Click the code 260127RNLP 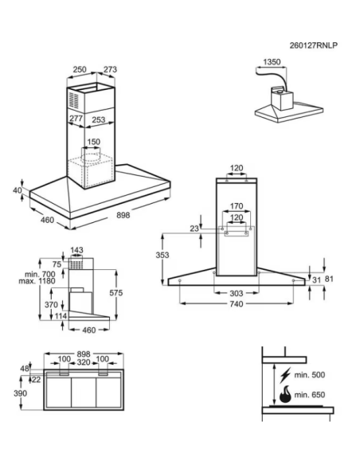pyautogui.click(x=314, y=45)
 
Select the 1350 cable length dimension pyautogui.click(x=272, y=61)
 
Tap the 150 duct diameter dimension pyautogui.click(x=94, y=142)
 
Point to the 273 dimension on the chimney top pyautogui.click(x=110, y=69)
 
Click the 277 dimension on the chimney pyautogui.click(x=76, y=119)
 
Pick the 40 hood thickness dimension pyautogui.click(x=18, y=190)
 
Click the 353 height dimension pyautogui.click(x=162, y=255)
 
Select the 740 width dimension pyautogui.click(x=237, y=303)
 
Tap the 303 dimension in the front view pyautogui.click(x=237, y=293)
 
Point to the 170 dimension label pyautogui.click(x=237, y=205)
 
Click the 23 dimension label pyautogui.click(x=194, y=229)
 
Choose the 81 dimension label pyautogui.click(x=329, y=279)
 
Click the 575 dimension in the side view pyautogui.click(x=116, y=293)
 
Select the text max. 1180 pyautogui.click(x=37, y=281)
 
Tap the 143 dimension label pyautogui.click(x=76, y=250)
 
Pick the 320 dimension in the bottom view pyautogui.click(x=84, y=362)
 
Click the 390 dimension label pyautogui.click(x=20, y=393)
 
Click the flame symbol pyautogui.click(x=285, y=394)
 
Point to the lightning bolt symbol pyautogui.click(x=285, y=375)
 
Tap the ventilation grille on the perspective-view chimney pyautogui.click(x=74, y=100)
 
